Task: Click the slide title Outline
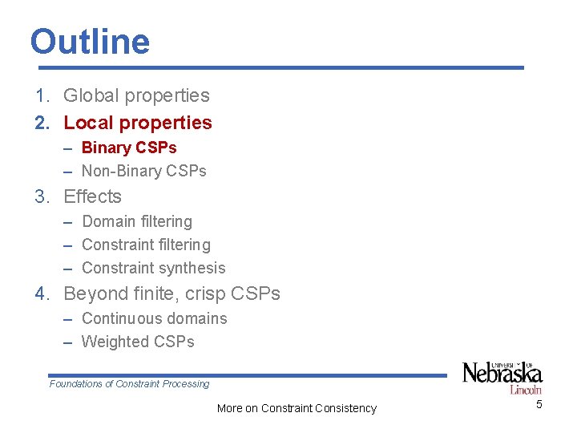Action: [x=90, y=42]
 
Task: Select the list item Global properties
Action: [x=136, y=95]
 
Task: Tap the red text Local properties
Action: [x=138, y=123]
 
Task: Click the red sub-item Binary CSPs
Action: [x=129, y=148]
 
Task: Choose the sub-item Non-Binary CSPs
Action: [x=144, y=171]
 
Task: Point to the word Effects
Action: [x=92, y=196]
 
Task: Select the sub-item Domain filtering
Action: [x=137, y=221]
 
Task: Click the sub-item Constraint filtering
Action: [x=146, y=245]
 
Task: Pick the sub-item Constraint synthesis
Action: [x=154, y=268]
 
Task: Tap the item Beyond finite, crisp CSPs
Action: [x=171, y=293]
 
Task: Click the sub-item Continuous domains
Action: [x=155, y=318]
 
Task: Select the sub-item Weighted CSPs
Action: [x=138, y=342]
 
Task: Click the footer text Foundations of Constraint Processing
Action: [x=129, y=384]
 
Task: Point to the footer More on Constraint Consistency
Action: [x=297, y=408]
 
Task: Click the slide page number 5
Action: [x=539, y=404]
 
